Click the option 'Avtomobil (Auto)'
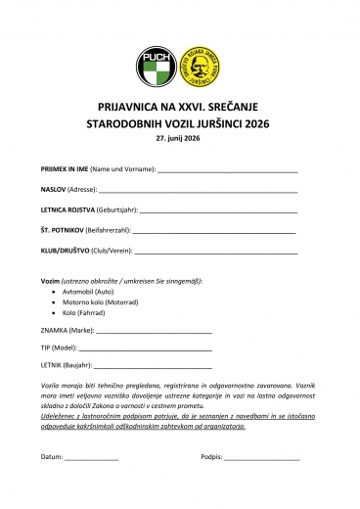click(88, 292)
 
